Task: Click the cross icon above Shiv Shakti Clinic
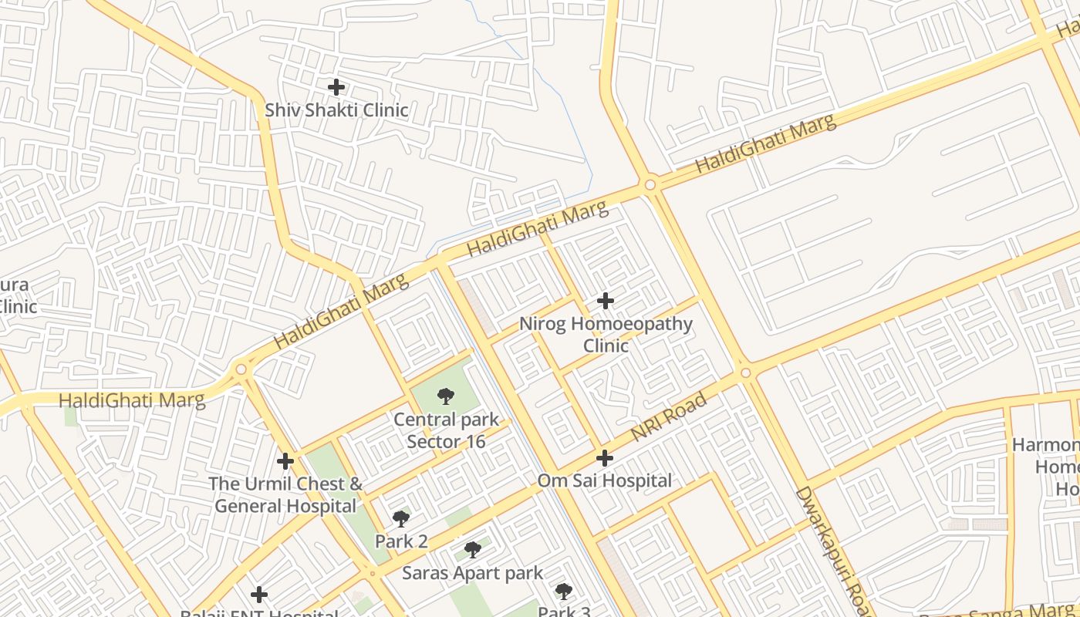click(336, 87)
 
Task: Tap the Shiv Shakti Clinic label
click(336, 110)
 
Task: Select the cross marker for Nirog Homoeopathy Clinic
click(606, 301)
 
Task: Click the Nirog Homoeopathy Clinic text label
click(606, 334)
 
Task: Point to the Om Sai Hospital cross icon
click(605, 458)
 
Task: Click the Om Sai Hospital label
click(605, 480)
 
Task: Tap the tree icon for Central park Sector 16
click(445, 397)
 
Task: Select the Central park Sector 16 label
click(447, 431)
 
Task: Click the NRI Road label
click(669, 417)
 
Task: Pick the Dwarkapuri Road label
click(832, 551)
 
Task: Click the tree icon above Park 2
click(400, 518)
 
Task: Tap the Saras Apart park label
click(473, 574)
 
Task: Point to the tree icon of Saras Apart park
click(473, 550)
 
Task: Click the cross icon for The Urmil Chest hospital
click(285, 461)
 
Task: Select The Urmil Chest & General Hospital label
click(286, 495)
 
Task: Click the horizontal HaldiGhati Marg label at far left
click(132, 400)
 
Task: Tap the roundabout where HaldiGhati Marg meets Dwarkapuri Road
click(650, 185)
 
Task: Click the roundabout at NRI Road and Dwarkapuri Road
click(745, 373)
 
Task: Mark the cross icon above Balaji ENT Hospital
click(259, 595)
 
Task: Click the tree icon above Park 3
click(564, 592)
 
